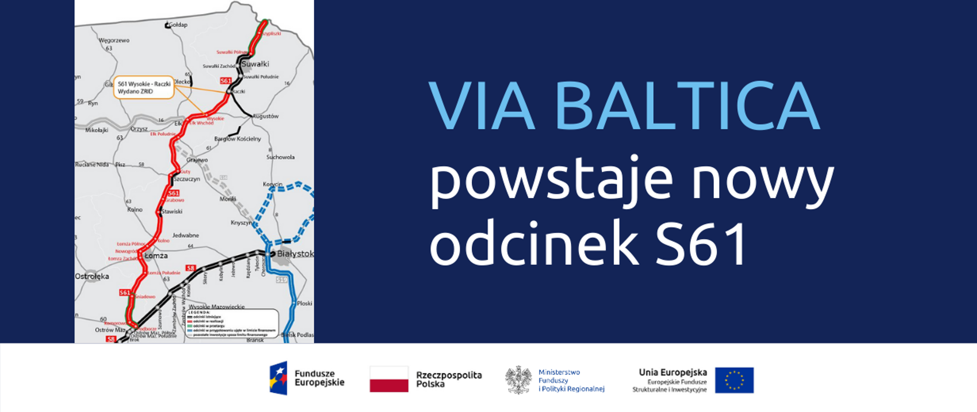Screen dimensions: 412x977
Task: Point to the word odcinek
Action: tap(534, 243)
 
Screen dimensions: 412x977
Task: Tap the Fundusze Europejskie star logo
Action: tap(278, 378)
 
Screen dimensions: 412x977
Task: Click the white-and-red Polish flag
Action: tap(389, 379)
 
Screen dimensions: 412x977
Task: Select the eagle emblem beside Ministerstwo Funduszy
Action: tap(518, 380)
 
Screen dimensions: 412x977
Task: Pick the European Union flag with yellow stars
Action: tap(734, 380)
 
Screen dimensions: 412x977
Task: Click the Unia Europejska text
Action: tap(673, 373)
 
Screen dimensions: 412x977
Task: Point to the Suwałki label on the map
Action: tap(255, 64)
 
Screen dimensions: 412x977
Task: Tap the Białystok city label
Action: tap(295, 253)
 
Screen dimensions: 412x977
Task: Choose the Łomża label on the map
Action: tap(156, 255)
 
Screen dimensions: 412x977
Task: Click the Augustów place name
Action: tap(266, 116)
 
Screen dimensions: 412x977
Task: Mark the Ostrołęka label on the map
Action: tap(92, 276)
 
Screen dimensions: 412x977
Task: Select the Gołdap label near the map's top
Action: tap(178, 24)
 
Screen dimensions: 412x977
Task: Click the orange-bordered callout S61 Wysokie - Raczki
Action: tap(144, 87)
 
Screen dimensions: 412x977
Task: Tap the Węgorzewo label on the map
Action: tap(114, 40)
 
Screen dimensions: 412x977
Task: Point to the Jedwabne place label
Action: tap(186, 236)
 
